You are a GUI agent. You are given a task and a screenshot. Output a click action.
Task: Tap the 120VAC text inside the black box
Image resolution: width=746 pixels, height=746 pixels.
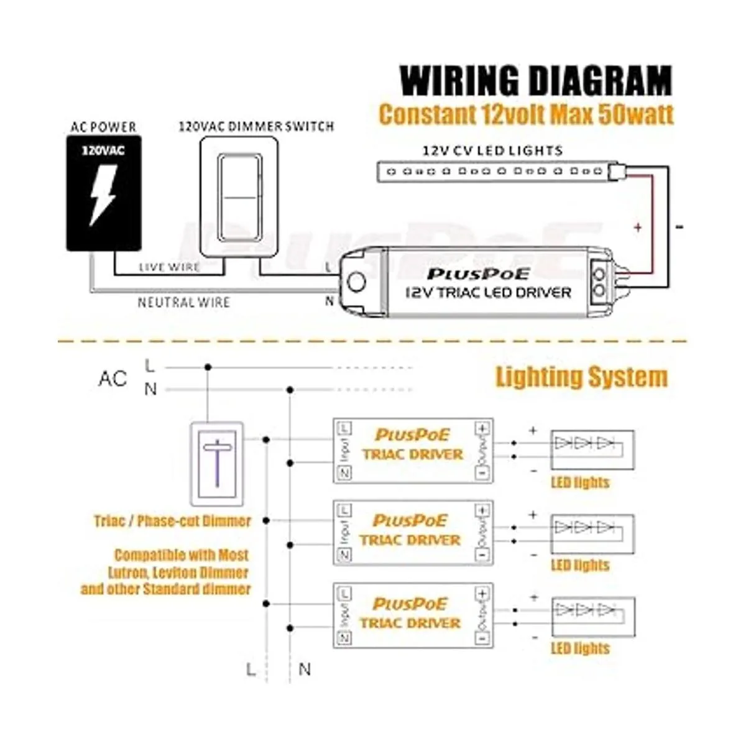pyautogui.click(x=103, y=150)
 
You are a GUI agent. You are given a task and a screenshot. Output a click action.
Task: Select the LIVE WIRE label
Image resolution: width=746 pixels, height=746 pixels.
pyautogui.click(x=169, y=267)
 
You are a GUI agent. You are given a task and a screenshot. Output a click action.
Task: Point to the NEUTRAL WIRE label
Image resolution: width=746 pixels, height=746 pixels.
pyautogui.click(x=184, y=303)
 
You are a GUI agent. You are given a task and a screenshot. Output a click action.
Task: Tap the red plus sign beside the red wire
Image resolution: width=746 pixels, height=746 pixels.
pyautogui.click(x=638, y=228)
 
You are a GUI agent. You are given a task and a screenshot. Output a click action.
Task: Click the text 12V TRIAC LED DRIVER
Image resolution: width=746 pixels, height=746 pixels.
pyautogui.click(x=488, y=292)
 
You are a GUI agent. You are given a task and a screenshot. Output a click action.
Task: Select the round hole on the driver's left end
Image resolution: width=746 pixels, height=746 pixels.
pyautogui.click(x=356, y=282)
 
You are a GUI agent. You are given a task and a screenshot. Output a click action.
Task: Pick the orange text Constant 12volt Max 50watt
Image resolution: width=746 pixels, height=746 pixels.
pyautogui.click(x=526, y=114)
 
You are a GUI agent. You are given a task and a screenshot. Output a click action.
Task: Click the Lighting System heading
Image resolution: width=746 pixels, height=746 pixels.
pyautogui.click(x=581, y=377)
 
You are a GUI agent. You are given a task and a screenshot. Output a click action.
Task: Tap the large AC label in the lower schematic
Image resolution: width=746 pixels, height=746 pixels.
pyautogui.click(x=113, y=378)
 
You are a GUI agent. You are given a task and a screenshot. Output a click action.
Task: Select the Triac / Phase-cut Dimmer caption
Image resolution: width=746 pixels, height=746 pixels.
pyautogui.click(x=173, y=521)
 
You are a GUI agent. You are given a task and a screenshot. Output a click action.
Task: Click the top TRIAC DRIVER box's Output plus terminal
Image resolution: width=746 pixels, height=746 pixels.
pyautogui.click(x=482, y=428)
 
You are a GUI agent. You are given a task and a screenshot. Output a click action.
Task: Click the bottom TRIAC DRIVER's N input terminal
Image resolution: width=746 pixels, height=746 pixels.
pyautogui.click(x=344, y=638)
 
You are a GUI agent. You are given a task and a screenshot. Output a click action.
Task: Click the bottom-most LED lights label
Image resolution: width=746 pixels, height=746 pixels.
pyautogui.click(x=580, y=648)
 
